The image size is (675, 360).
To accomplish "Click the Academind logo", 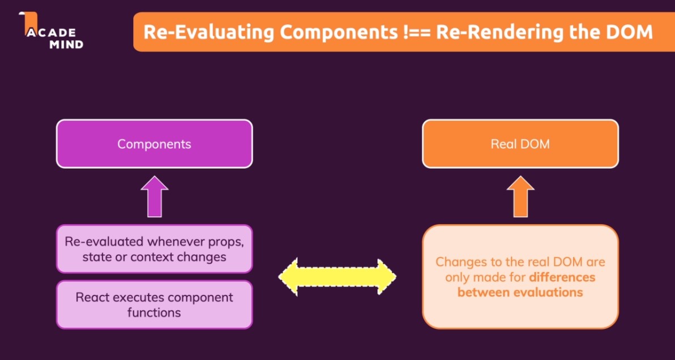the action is (51, 31).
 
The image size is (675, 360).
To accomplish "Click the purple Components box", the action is (154, 144).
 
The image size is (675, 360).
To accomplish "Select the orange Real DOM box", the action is (520, 144).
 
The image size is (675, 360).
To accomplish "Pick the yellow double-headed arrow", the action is (337, 277).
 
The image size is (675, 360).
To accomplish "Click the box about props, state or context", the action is (154, 248).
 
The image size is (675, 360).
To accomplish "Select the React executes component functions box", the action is (154, 305).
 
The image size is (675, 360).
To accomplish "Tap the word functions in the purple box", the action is (154, 312).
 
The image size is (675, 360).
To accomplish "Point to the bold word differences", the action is (562, 277).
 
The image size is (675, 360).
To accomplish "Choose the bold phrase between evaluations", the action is (520, 293).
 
